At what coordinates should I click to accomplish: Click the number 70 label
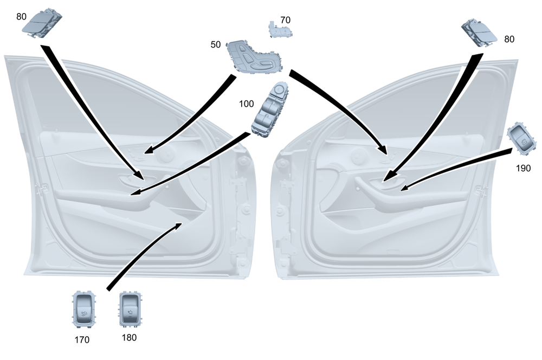(x=285, y=20)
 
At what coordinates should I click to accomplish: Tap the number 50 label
(x=216, y=44)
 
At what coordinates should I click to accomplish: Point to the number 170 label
(x=81, y=340)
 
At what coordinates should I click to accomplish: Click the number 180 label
(x=129, y=337)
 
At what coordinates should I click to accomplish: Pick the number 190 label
(x=524, y=168)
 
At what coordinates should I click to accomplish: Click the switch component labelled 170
(x=84, y=311)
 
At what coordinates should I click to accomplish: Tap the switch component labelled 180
(x=130, y=310)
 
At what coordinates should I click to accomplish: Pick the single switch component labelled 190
(x=520, y=139)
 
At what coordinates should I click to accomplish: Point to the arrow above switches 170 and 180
(x=144, y=255)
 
